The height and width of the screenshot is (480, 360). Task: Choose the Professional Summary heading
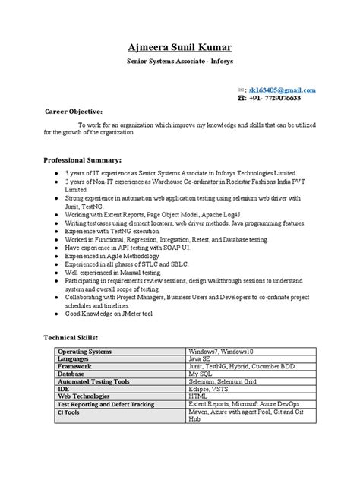[83, 160]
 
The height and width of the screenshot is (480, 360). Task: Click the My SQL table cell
[202, 373]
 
